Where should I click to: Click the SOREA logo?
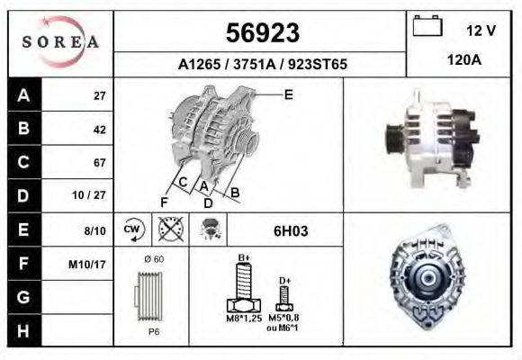pos(59,41)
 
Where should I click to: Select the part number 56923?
pos(261,33)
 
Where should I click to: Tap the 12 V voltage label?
pos(481,31)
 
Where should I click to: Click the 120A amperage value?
pos(465,60)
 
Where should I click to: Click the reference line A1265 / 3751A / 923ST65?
pos(262,65)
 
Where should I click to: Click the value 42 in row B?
pos(99,130)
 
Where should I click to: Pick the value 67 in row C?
pos(99,163)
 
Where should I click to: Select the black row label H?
pos(23,331)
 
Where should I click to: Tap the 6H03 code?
pos(291,230)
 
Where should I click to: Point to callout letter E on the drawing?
pos(288,94)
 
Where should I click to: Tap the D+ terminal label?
pos(284,280)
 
